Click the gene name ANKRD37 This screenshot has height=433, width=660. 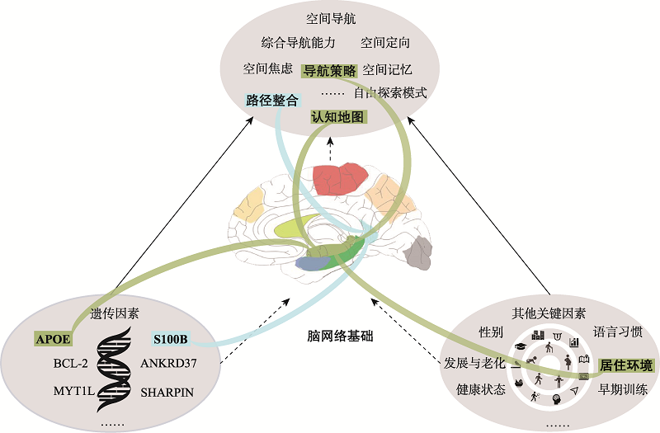(x=169, y=363)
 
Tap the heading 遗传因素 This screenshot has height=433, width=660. (x=114, y=313)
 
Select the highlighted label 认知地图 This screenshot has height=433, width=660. (x=337, y=117)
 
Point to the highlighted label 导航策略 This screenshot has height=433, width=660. (x=329, y=70)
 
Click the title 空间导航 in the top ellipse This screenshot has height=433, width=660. (x=329, y=17)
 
